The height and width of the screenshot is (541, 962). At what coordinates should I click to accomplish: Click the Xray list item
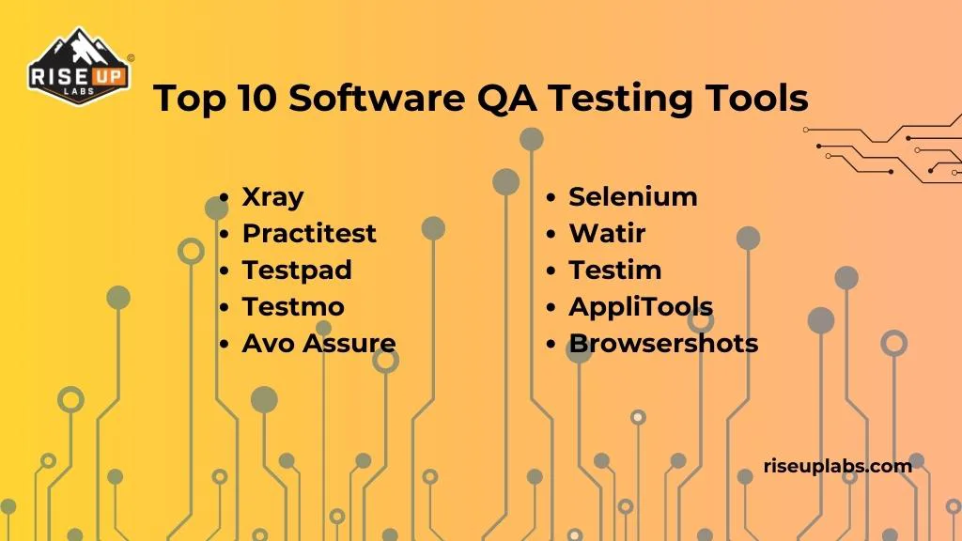click(x=272, y=197)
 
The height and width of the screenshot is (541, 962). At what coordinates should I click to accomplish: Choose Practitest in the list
click(x=309, y=233)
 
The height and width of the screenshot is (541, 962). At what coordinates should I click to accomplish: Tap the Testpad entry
click(x=297, y=270)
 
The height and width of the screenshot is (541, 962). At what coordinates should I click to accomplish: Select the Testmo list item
click(x=293, y=306)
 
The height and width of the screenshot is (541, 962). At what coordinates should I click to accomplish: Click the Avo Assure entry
click(x=318, y=343)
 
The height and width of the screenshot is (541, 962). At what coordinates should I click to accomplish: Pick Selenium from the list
click(x=633, y=196)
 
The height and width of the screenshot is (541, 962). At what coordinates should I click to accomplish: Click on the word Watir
click(x=607, y=233)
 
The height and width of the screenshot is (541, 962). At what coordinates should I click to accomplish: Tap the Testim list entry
click(x=615, y=270)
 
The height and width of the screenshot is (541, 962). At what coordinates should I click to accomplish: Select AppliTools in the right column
click(x=641, y=306)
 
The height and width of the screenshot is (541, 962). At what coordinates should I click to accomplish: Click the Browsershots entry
click(x=663, y=343)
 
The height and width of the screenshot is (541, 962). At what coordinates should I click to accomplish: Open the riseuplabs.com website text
click(x=838, y=465)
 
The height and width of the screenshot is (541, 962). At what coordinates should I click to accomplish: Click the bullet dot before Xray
click(x=224, y=198)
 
